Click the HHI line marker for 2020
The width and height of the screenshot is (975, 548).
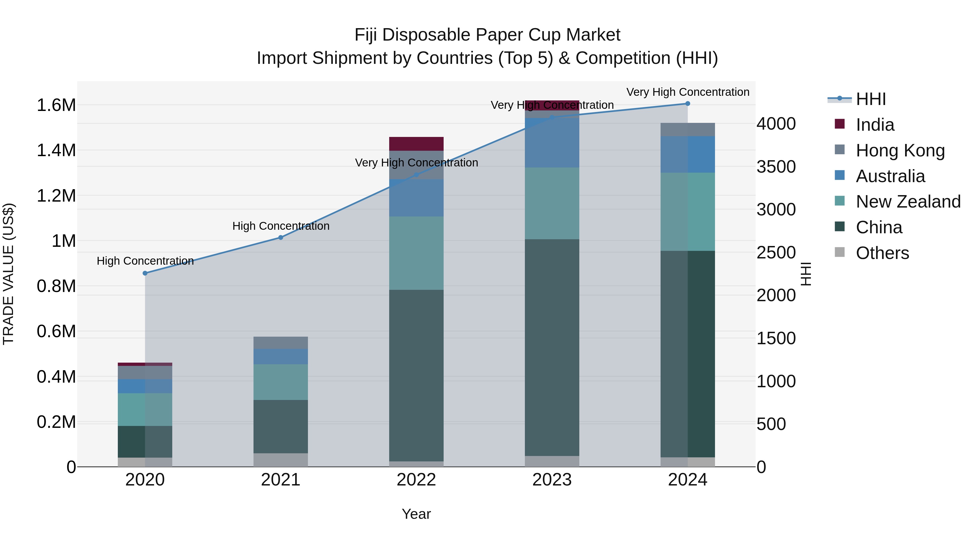[145, 273]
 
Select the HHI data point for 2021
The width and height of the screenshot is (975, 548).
[281, 238]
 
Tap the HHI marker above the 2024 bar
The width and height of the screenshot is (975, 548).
[687, 104]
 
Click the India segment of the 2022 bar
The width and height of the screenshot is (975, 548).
[416, 144]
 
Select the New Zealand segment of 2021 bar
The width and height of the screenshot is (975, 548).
[281, 382]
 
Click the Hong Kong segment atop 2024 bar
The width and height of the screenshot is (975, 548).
[687, 129]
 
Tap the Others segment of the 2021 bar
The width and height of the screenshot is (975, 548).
[281, 460]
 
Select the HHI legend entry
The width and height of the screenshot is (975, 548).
[870, 99]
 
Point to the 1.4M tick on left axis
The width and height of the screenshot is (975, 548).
[56, 150]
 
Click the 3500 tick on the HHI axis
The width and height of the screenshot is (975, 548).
[776, 167]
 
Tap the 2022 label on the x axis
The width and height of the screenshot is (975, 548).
[416, 480]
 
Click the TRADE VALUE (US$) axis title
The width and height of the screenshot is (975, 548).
[8, 274]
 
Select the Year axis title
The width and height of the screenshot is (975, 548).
[416, 514]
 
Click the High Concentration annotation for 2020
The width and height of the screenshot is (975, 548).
[145, 261]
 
